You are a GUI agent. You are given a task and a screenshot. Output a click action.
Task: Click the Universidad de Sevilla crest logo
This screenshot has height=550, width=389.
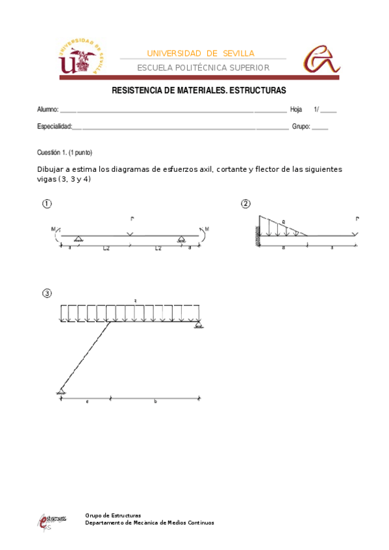pyautogui.click(x=81, y=57)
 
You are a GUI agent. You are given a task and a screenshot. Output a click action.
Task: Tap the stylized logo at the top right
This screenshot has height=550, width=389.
pyautogui.click(x=321, y=59)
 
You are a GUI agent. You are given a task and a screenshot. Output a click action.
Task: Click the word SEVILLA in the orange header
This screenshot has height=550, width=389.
pyautogui.click(x=238, y=53)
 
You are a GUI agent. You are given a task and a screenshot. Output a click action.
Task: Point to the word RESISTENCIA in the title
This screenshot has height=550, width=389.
pyautogui.click(x=138, y=91)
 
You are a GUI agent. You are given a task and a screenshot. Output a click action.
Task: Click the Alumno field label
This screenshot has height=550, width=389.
pyautogui.click(x=47, y=110)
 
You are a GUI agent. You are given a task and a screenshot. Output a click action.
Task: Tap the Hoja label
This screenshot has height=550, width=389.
pyautogui.click(x=296, y=110)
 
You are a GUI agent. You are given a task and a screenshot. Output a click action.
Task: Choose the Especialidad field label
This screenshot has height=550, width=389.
pyautogui.click(x=54, y=126)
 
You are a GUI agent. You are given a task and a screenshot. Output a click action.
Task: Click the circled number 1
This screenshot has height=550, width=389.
pyautogui.click(x=47, y=204)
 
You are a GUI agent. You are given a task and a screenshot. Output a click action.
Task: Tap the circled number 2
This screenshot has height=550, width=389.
pyautogui.click(x=245, y=204)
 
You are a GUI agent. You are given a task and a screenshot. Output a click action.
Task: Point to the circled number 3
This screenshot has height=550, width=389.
pyautogui.click(x=47, y=293)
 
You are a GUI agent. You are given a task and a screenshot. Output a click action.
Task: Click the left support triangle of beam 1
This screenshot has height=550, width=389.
pyautogui.click(x=77, y=239)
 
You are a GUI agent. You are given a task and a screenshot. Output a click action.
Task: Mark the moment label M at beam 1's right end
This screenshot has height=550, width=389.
pyautogui.click(x=207, y=228)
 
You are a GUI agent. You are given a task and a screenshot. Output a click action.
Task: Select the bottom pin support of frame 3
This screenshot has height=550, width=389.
pyautogui.click(x=60, y=391)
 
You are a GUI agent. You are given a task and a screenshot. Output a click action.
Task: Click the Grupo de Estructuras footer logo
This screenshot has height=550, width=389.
pyautogui.click(x=52, y=521)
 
